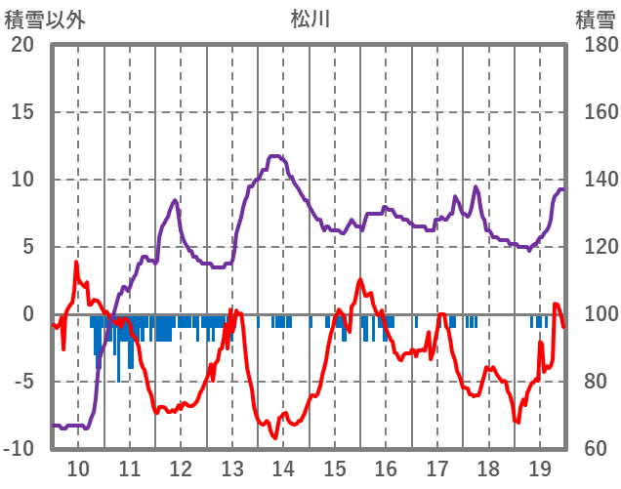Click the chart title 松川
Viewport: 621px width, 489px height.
310,18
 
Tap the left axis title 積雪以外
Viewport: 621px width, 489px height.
45,19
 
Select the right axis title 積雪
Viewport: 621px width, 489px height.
595,19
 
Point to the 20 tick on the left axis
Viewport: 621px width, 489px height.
22,45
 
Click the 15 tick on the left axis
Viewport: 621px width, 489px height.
22,112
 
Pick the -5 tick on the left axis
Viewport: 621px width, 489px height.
22,382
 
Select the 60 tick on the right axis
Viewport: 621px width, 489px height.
591,449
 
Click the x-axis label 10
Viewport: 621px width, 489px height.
78,468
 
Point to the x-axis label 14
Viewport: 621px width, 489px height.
283,468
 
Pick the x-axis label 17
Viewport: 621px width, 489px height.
436,468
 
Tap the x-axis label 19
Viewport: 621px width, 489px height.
539,468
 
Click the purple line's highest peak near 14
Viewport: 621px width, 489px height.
275,156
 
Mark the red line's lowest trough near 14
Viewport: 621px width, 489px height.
274,437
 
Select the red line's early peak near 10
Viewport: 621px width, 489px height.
76,263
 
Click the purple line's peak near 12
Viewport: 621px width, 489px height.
175,201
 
